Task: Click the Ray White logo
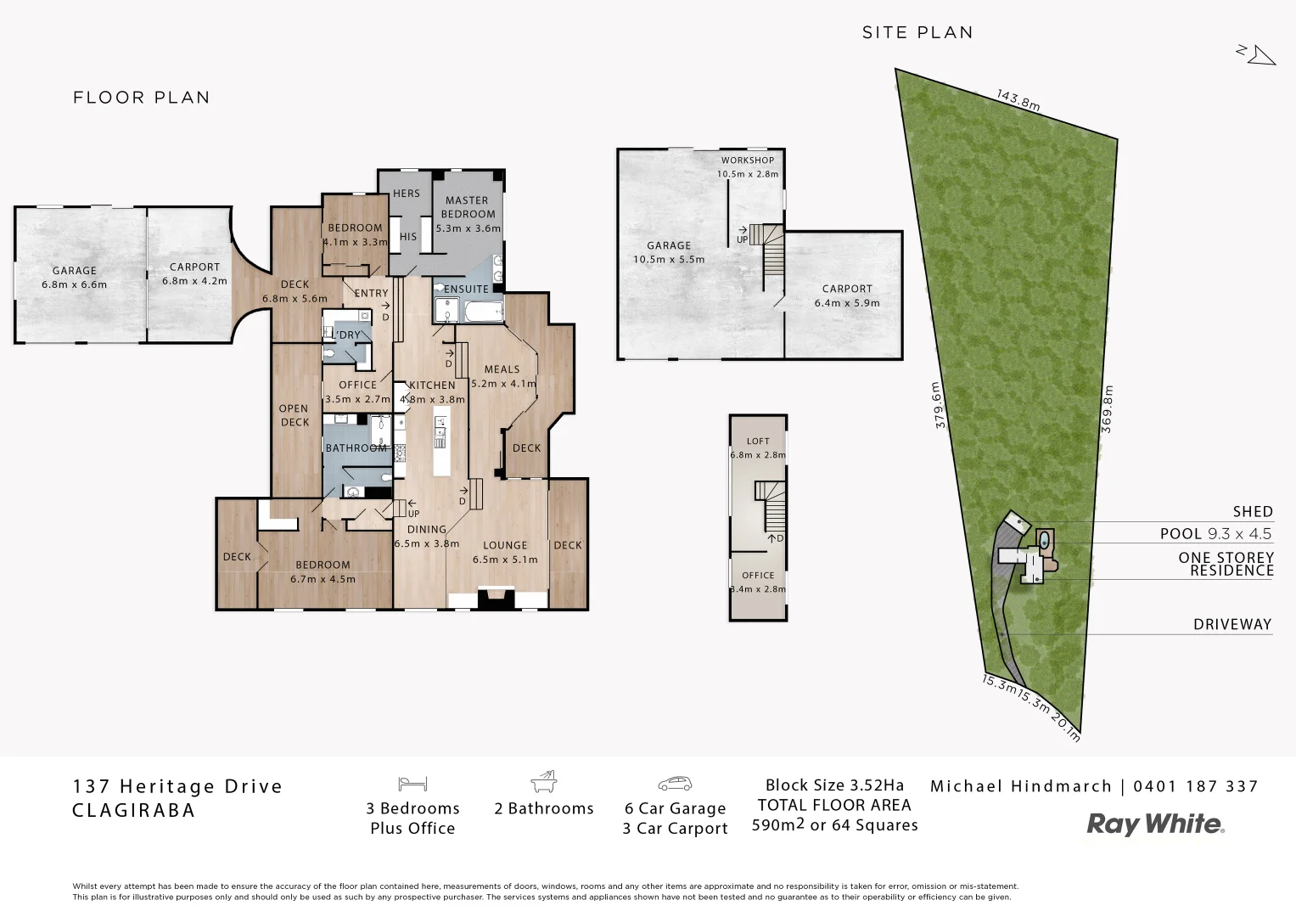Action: point(1155,824)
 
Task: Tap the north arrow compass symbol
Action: point(1256,54)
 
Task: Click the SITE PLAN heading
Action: point(917,32)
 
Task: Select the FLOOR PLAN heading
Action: point(142,98)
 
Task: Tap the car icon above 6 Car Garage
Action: point(675,783)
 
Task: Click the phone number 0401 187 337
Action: point(1196,786)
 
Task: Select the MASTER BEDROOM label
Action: point(467,207)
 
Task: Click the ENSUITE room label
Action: point(467,289)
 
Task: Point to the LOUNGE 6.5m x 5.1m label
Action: point(505,552)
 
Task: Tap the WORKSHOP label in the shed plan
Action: point(747,160)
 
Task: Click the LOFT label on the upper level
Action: point(758,441)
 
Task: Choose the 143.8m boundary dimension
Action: point(1018,99)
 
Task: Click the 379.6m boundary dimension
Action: point(939,406)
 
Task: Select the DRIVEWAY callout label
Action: point(1232,624)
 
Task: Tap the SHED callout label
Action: point(1253,511)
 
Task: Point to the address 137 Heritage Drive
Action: point(178,786)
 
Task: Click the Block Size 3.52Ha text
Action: point(834,785)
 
